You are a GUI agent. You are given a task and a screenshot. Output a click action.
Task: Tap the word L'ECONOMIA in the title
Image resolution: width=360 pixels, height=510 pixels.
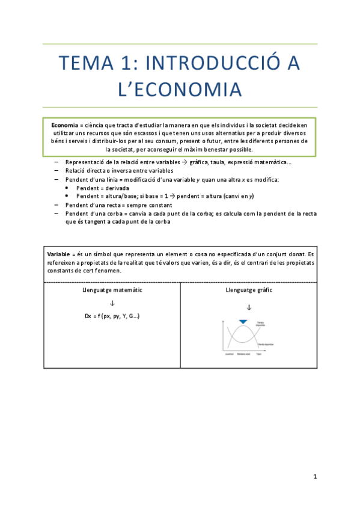coord(180,90)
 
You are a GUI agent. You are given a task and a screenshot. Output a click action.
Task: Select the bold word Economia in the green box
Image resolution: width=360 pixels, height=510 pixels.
coord(64,124)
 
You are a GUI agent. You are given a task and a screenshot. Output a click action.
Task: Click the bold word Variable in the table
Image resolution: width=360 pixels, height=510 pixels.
coord(60,254)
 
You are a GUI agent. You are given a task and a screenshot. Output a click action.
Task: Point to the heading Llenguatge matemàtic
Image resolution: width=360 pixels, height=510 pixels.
coord(112,290)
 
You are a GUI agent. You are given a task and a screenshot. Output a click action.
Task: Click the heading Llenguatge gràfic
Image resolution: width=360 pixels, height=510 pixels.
coord(248,290)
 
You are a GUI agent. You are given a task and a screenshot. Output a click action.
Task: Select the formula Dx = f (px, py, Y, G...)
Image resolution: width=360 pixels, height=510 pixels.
coord(112,316)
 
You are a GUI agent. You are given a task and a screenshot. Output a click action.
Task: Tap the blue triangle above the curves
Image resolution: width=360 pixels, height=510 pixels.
coord(243,322)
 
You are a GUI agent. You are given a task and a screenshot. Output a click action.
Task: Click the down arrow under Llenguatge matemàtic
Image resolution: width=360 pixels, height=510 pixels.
coord(112,303)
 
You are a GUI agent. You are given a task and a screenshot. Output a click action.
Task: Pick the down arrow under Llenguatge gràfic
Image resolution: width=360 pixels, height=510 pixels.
coord(248,307)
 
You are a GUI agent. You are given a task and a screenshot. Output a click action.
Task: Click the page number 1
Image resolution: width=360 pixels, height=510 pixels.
coord(314,477)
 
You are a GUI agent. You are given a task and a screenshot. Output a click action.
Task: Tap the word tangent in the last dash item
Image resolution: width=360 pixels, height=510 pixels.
coord(97,221)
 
